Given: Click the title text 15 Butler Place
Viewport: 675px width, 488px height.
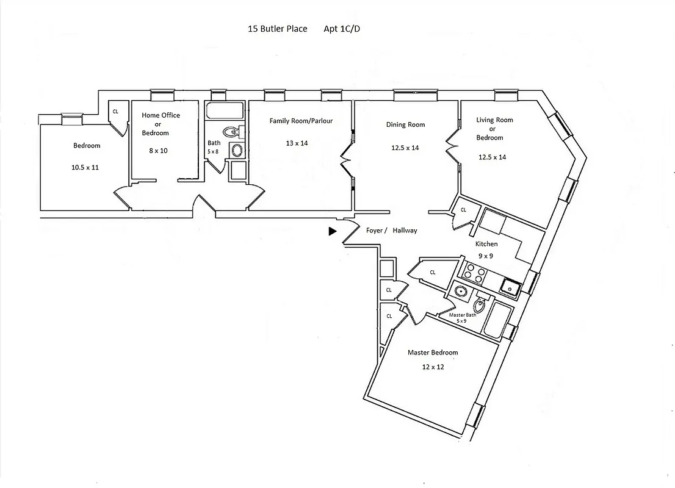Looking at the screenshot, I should click(277, 29).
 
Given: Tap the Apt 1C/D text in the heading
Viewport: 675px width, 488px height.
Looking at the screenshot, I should click(342, 29).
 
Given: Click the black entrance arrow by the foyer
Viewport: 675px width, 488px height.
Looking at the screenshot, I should click(332, 231).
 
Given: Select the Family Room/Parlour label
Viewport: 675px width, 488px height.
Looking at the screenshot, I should click(301, 121).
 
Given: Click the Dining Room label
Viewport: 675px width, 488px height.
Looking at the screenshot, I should click(405, 124).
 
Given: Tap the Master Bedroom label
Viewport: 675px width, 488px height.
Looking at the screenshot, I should click(432, 353).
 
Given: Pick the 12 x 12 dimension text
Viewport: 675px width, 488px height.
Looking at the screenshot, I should click(432, 367).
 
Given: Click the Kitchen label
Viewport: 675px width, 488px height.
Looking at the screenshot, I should click(486, 244).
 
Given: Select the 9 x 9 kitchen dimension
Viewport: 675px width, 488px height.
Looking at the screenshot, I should click(486, 256).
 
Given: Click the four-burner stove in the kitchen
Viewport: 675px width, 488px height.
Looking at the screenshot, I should click(475, 273).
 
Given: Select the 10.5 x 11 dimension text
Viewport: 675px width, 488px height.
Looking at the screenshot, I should click(86, 167).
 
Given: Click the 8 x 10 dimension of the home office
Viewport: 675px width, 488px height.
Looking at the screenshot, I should click(158, 150).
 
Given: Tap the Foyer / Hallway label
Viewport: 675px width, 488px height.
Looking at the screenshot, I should click(391, 231).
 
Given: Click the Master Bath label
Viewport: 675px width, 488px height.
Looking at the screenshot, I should click(462, 315).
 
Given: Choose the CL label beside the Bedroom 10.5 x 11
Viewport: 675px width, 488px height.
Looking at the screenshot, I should click(115, 112).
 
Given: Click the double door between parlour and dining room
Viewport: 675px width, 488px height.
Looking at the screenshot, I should click(345, 163).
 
